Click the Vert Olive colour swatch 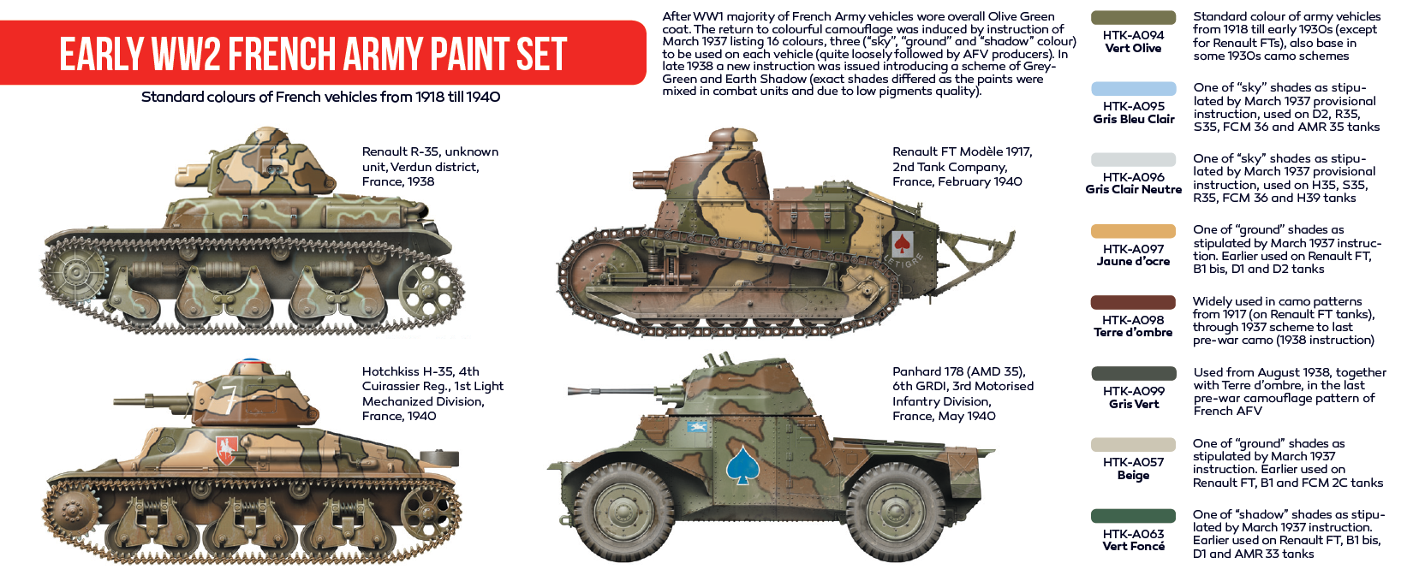(1133, 18)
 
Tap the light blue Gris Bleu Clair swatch (1133, 89)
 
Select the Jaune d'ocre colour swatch (1133, 231)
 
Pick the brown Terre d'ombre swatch (1133, 302)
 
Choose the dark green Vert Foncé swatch (1133, 515)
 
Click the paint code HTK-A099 (1133, 391)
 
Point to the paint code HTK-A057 (1133, 462)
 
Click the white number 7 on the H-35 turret (230, 398)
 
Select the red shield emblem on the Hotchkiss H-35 (226, 449)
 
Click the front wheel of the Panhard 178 (625, 512)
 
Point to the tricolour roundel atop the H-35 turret (252, 362)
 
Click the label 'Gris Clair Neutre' (1133, 189)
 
